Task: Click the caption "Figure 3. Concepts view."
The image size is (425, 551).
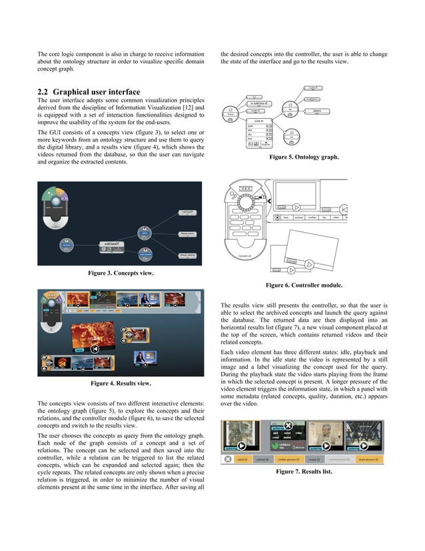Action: click(x=121, y=273)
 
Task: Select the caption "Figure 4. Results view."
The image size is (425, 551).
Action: click(x=121, y=384)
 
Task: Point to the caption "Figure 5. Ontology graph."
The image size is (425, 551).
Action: click(x=303, y=157)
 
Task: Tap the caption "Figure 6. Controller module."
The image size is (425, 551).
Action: click(x=304, y=285)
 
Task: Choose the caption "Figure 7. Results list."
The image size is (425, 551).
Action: click(x=303, y=472)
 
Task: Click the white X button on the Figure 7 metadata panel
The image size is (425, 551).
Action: click(x=288, y=426)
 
